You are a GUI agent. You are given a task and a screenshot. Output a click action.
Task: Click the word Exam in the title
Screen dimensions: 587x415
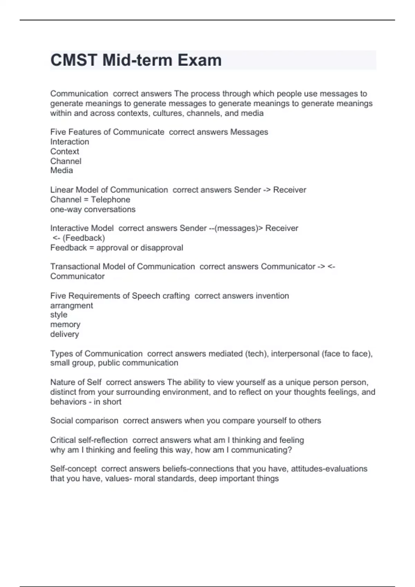200,60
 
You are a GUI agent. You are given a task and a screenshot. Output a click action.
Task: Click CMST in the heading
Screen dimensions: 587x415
73,60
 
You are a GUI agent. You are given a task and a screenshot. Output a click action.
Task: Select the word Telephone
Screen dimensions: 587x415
110,200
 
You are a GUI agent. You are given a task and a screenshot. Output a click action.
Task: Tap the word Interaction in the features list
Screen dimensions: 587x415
70,142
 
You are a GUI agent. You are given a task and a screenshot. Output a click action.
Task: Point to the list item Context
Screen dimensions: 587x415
65,151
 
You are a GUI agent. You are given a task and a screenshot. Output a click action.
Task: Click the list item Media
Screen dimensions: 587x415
62,170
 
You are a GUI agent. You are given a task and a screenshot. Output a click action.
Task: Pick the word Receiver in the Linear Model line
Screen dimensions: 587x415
289,190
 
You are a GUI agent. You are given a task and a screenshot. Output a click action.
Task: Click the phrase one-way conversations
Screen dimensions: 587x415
93,209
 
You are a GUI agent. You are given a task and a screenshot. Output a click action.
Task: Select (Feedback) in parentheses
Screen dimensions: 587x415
84,238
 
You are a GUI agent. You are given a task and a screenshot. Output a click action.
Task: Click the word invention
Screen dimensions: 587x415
272,296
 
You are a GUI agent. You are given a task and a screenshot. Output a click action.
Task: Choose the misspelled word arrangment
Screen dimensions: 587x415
72,306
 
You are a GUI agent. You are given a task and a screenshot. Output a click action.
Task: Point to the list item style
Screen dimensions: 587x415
59,315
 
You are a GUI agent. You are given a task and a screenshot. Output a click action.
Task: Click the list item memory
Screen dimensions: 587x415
65,325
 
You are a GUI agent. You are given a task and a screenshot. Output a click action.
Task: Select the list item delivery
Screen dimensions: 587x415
65,334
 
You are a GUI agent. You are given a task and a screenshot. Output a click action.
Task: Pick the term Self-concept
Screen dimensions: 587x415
73,469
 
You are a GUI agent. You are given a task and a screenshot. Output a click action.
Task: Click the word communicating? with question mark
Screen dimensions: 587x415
261,450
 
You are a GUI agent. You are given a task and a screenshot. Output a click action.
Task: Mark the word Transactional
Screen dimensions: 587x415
75,267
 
